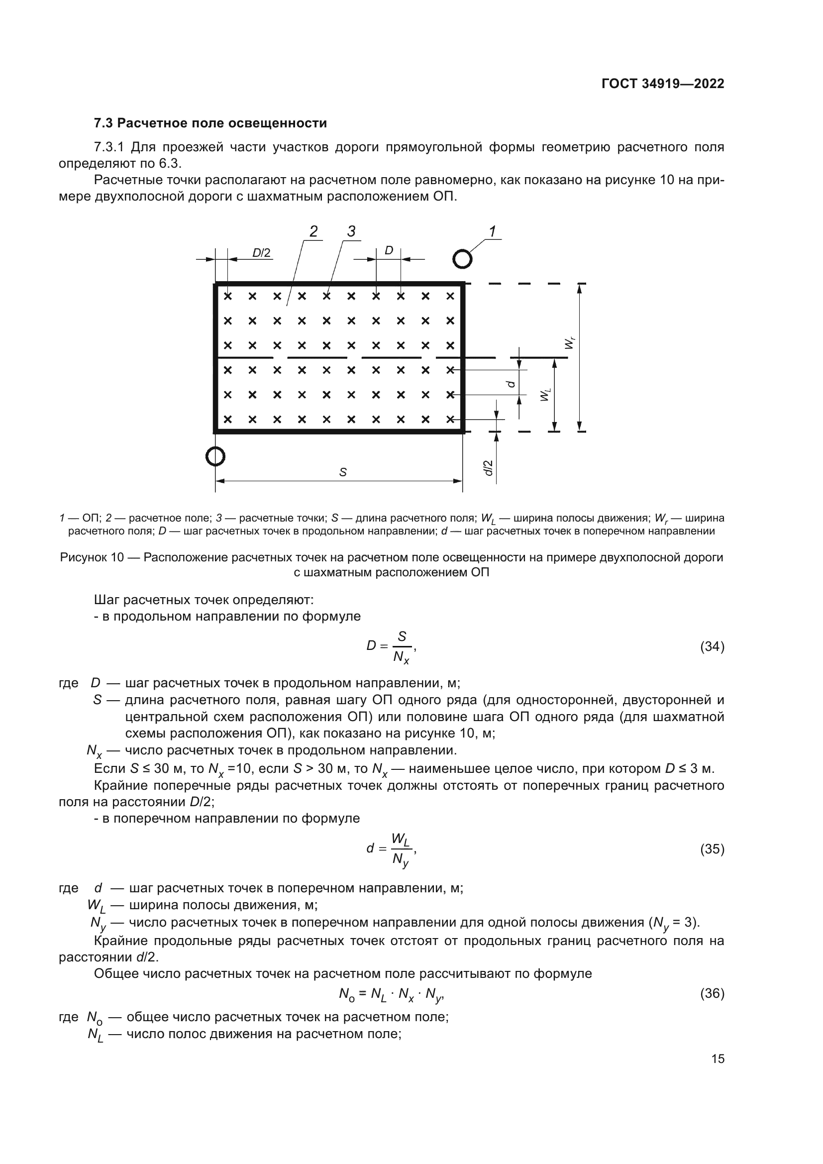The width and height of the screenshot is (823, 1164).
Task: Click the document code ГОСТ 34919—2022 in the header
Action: pyautogui.click(x=662, y=84)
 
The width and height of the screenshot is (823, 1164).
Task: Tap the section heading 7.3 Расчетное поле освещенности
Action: pyautogui.click(x=210, y=123)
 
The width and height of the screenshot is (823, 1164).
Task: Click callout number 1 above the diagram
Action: pyautogui.click(x=492, y=232)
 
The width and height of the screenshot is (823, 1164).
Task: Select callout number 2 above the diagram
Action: pyautogui.click(x=313, y=232)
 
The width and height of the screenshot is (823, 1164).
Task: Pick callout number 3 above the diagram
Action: pyautogui.click(x=351, y=232)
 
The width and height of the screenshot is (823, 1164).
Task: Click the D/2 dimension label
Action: pyautogui.click(x=262, y=252)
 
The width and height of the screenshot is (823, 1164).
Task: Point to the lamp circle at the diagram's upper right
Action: pyautogui.click(x=462, y=259)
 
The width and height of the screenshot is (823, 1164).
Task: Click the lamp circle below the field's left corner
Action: pyautogui.click(x=215, y=456)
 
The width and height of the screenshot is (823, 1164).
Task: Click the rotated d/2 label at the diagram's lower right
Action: pyautogui.click(x=488, y=467)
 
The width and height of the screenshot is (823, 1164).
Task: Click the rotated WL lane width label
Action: pyautogui.click(x=545, y=395)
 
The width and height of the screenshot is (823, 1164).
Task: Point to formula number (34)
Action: pyautogui.click(x=712, y=646)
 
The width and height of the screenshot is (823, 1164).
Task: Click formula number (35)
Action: pyautogui.click(x=712, y=848)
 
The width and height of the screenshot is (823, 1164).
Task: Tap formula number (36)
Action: pyautogui.click(x=712, y=993)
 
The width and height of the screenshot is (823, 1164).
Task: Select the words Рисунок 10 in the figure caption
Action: pyautogui.click(x=92, y=558)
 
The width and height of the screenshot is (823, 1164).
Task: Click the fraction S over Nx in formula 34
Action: pyautogui.click(x=402, y=647)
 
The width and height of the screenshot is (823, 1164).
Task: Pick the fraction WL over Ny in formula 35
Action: pyautogui.click(x=401, y=848)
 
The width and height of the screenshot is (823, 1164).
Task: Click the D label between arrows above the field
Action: pyautogui.click(x=389, y=250)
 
